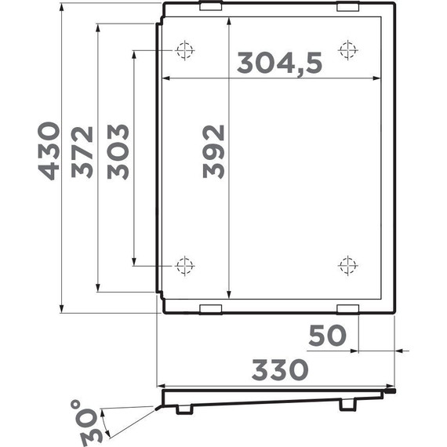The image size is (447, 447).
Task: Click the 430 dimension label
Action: point(48,151)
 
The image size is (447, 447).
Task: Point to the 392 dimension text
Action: point(213,151)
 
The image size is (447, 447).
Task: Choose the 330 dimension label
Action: point(279,369)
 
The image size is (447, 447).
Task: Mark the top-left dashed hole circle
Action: point(185,51)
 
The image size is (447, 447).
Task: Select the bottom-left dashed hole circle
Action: point(185,265)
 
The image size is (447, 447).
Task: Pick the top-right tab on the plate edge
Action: point(347,6)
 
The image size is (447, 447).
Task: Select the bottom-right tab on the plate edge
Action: point(347,307)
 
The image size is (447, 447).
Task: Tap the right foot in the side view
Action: point(347,406)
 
